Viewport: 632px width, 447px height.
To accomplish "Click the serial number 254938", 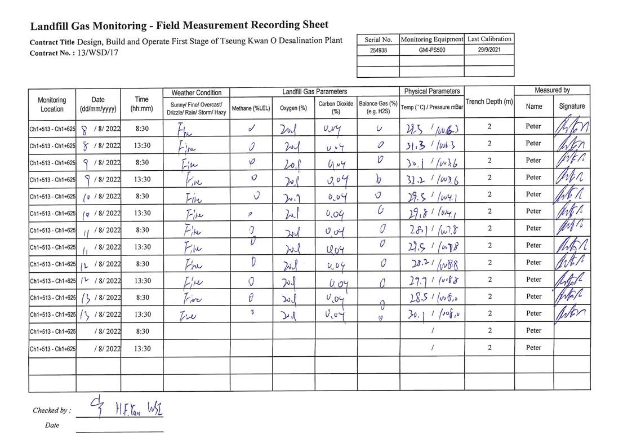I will pyautogui.click(x=379, y=50).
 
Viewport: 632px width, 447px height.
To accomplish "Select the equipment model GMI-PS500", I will pyautogui.click(x=431, y=50).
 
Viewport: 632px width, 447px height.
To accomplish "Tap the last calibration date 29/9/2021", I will pyautogui.click(x=489, y=50).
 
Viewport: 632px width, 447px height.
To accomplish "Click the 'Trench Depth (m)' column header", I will pyautogui.click(x=489, y=101).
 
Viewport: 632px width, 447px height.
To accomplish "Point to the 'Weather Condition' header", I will pyautogui.click(x=197, y=92).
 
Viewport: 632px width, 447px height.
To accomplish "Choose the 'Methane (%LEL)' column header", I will pyautogui.click(x=251, y=108).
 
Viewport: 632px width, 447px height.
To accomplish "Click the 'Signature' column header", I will pyautogui.click(x=572, y=106).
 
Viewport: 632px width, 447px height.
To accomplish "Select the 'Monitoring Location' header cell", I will pyautogui.click(x=52, y=104).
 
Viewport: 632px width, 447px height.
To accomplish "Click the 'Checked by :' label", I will pyautogui.click(x=52, y=410).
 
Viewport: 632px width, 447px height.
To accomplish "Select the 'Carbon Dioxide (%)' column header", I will pyautogui.click(x=336, y=107).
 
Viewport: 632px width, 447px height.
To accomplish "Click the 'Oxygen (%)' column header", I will pyautogui.click(x=293, y=108).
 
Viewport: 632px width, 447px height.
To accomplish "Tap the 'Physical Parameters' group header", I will pyautogui.click(x=432, y=91).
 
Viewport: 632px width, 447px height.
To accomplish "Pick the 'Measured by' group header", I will pyautogui.click(x=552, y=90).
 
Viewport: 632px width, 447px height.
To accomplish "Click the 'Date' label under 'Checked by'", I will pyautogui.click(x=52, y=426).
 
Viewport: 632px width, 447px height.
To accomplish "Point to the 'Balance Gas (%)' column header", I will pyautogui.click(x=378, y=107).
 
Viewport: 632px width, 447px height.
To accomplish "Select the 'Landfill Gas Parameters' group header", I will pyautogui.click(x=314, y=91).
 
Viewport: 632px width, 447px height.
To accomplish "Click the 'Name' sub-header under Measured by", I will pyautogui.click(x=533, y=106).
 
